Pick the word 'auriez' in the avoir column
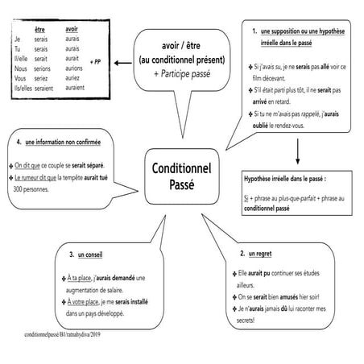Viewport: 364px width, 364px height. coord(74,79)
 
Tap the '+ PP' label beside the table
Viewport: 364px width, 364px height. coord(97,60)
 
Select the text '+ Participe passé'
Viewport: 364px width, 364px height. coord(181,73)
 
